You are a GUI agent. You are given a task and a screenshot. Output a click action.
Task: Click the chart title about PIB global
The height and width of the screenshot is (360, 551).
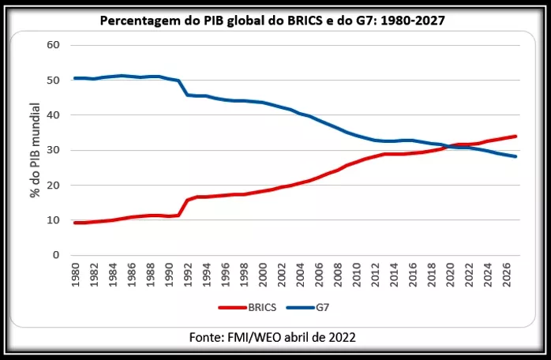point(272,20)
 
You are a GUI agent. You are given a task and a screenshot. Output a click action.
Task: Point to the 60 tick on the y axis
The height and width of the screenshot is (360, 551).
point(54,45)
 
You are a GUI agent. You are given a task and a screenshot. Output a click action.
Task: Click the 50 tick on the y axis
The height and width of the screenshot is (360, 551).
point(54,81)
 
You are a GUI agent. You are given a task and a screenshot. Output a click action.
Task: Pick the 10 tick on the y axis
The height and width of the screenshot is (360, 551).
point(54,220)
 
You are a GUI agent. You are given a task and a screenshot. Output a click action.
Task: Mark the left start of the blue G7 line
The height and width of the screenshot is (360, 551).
point(74,78)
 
